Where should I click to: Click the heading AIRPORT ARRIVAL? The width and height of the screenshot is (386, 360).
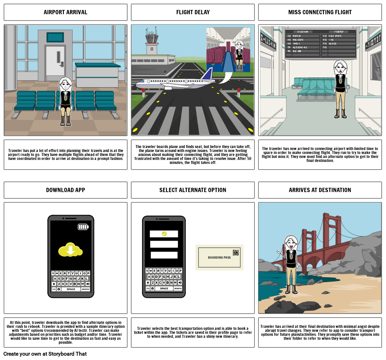[x=65, y=12]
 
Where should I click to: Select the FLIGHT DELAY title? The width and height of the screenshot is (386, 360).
[x=193, y=12]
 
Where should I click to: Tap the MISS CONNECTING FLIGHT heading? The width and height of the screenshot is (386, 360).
[x=320, y=12]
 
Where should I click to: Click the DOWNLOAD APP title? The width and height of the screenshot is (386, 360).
[x=65, y=190]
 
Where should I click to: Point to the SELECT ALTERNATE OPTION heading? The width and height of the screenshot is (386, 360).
[x=193, y=190]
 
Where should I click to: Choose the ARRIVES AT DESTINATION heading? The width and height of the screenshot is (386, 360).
[x=320, y=190]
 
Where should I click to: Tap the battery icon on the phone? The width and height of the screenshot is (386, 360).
[x=83, y=227]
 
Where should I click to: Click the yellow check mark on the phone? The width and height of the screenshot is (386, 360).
[x=164, y=234]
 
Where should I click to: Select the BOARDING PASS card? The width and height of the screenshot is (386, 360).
[x=219, y=257]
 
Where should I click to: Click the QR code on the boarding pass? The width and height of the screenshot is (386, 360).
[x=236, y=253]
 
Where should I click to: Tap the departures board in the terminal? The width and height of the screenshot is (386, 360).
[x=320, y=43]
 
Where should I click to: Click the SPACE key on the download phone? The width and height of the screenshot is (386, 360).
[x=71, y=289]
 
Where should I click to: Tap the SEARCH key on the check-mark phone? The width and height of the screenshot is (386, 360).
[x=178, y=288]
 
